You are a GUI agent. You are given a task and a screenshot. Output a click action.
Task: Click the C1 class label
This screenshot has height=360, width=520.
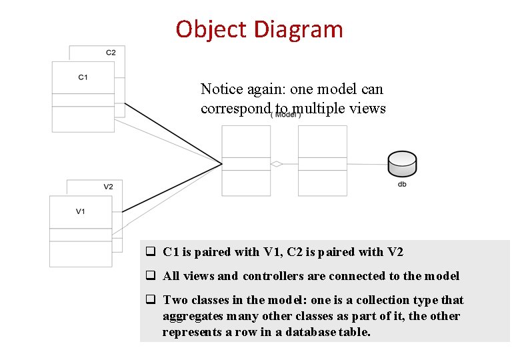click(83, 77)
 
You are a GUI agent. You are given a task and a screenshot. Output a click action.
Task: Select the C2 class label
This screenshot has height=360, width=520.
click(111, 53)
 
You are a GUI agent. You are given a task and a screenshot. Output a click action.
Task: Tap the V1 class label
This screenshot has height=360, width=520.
click(80, 211)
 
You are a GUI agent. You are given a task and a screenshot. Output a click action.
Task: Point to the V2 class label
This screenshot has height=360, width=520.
click(108, 187)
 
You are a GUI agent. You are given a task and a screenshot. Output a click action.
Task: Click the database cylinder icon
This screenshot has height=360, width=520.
click(402, 163)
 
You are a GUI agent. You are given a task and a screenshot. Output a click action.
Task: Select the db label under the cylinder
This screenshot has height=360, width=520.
click(402, 184)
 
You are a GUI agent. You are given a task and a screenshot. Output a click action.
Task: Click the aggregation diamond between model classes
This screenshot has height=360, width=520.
click(277, 164)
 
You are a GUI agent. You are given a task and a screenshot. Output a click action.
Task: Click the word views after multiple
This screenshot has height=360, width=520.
click(367, 108)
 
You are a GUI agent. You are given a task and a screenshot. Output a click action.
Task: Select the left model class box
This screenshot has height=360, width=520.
click(246, 161)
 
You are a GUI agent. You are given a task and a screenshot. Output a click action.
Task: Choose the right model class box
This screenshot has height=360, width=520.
click(323, 161)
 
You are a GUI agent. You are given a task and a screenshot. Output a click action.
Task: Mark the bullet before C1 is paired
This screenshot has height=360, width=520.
click(151, 252)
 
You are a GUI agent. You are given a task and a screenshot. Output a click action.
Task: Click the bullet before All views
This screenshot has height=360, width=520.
click(151, 276)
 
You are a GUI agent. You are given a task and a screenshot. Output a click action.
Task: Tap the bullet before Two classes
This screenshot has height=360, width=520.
click(151, 300)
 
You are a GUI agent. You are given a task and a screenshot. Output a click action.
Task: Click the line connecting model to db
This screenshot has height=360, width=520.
click(367, 164)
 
